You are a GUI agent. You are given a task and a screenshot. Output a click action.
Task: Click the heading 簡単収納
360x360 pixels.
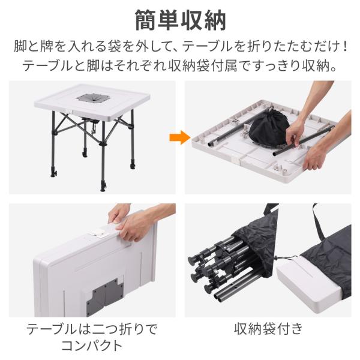pos(181,20)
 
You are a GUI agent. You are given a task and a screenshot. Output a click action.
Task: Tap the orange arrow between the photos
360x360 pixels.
pos(180,137)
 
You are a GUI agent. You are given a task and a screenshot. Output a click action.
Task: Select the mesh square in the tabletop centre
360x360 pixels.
pos(93,98)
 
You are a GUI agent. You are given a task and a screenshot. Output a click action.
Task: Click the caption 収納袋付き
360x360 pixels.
pos(268,329)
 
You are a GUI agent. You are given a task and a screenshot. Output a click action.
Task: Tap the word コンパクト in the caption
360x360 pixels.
pos(92,346)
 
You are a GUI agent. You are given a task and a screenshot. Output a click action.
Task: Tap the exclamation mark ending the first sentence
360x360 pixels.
pos(346,46)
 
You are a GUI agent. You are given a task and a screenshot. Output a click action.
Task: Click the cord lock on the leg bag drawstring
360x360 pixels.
pos(276,257)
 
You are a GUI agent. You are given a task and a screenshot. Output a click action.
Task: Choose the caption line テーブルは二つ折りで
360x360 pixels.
pos(92,329)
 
